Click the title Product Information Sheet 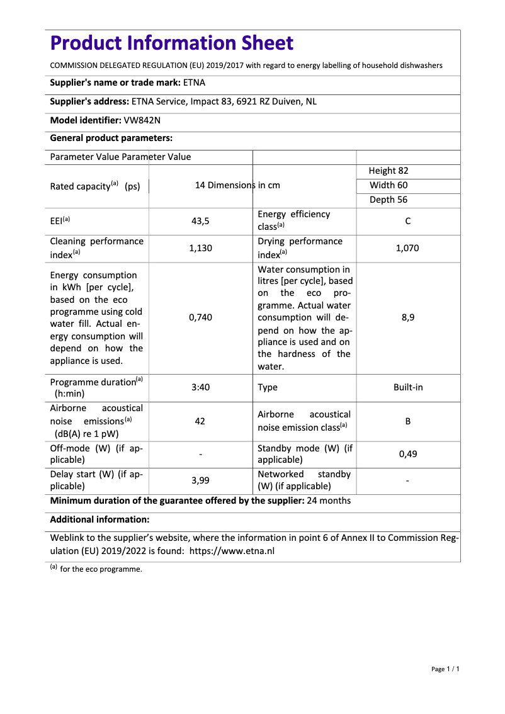coord(172,43)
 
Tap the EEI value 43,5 coord(200,221)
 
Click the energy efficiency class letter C coord(408,221)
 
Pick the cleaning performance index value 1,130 coord(200,248)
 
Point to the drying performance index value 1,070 coord(407,248)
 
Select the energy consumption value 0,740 coord(200,317)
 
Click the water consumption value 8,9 coord(408,317)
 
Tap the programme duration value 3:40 coord(200,387)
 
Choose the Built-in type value coord(408,387)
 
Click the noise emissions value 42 coord(200,421)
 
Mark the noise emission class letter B coord(408,421)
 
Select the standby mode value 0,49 coord(408,453)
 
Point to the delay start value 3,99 coord(200,480)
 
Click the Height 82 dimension coord(389,171)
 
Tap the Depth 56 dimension coord(389,200)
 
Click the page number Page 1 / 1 coord(445,669)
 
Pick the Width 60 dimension coord(389,185)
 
